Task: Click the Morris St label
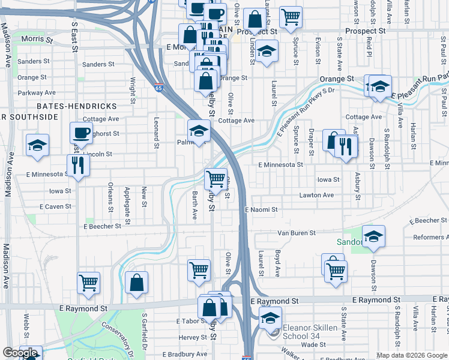[x=37, y=39]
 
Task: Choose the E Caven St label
[x=55, y=206]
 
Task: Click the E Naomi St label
[x=261, y=209]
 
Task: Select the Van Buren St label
[x=296, y=233]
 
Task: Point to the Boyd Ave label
[x=278, y=263]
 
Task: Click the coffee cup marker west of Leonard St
[x=81, y=132]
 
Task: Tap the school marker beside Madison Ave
[x=37, y=145]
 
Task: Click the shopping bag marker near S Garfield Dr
[x=136, y=282]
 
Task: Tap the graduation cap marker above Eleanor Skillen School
[x=270, y=317]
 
